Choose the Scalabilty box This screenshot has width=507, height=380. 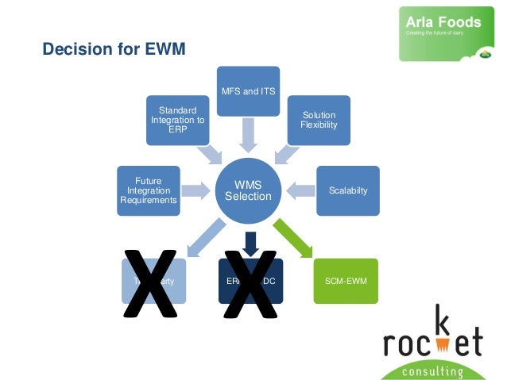[348, 190]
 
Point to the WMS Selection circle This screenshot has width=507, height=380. [248, 190]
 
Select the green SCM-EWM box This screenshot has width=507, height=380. [345, 282]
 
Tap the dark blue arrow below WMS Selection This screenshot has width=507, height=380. [250, 243]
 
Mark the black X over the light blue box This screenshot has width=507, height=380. [149, 283]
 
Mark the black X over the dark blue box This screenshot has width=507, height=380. [250, 283]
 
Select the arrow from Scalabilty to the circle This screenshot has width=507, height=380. [301, 190]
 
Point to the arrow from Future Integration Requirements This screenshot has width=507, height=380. [194, 190]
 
